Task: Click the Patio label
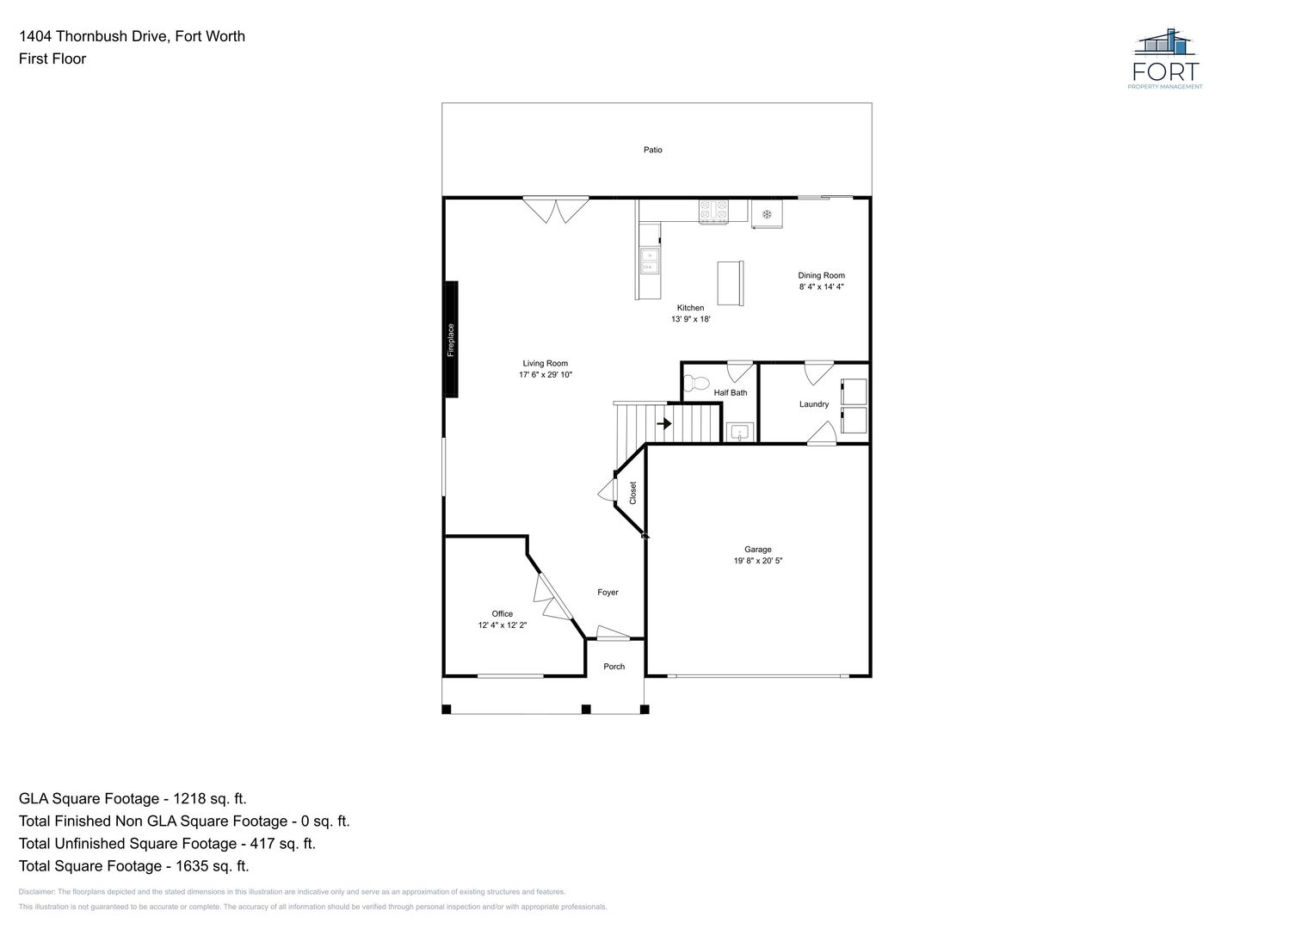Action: click(652, 150)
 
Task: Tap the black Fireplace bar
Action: click(451, 339)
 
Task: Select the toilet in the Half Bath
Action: click(696, 384)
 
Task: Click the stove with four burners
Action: click(713, 212)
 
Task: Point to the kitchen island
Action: click(731, 283)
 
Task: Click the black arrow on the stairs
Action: click(664, 423)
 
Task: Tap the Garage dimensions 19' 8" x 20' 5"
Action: click(758, 560)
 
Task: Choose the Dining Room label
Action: click(821, 275)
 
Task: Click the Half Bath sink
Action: click(740, 432)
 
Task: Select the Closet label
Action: click(632, 493)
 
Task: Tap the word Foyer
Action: click(608, 593)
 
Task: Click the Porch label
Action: click(614, 667)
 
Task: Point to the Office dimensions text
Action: click(503, 625)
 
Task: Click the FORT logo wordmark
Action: click(1166, 71)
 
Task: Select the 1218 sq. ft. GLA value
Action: click(209, 798)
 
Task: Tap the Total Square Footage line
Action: click(133, 865)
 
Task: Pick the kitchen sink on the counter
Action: click(650, 261)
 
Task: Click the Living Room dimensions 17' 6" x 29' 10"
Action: click(545, 374)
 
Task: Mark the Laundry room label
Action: click(814, 404)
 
